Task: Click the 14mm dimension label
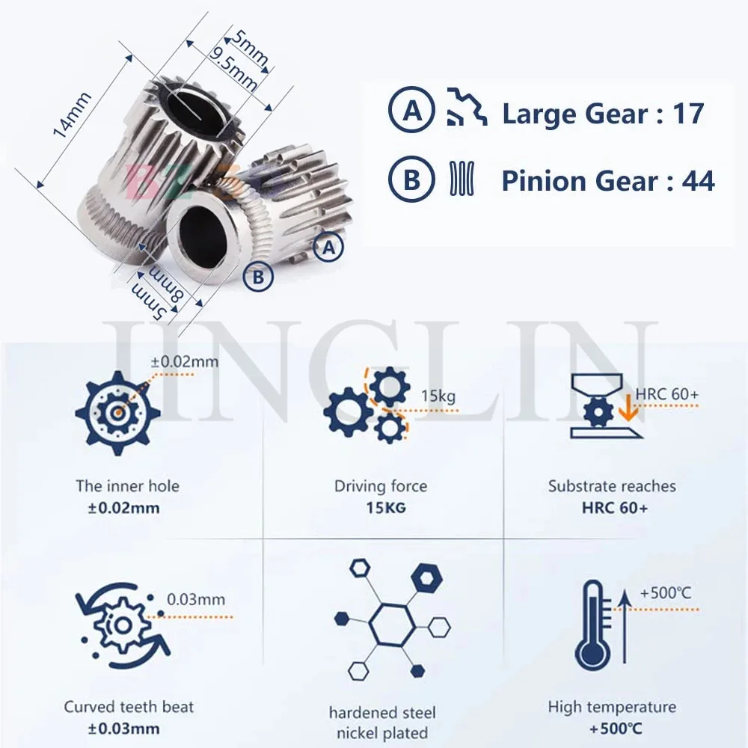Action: [72, 114]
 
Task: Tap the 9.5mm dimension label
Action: [233, 69]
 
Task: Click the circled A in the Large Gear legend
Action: [411, 110]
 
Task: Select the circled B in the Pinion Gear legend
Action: [411, 180]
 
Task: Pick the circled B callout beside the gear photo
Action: [258, 277]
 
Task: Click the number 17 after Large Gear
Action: [688, 114]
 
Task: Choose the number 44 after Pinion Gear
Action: [699, 182]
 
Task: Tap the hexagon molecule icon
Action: [392, 620]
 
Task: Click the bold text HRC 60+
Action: [615, 508]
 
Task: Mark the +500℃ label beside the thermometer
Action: [666, 593]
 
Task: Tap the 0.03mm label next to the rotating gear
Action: [196, 599]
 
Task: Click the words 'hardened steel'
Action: [382, 713]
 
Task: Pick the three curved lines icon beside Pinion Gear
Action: [462, 178]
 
